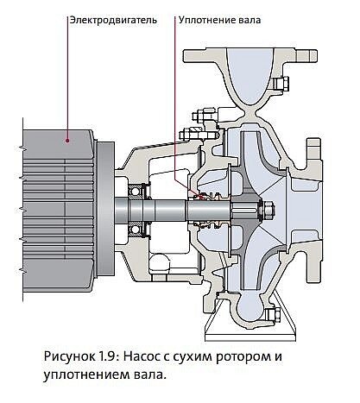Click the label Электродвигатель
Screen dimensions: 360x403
click(x=114, y=21)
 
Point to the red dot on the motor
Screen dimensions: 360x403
click(x=67, y=141)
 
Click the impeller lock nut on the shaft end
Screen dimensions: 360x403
click(x=268, y=209)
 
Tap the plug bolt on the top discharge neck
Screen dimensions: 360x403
click(x=280, y=83)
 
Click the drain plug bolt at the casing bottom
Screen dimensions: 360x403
click(x=273, y=315)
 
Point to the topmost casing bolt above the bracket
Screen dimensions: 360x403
click(x=201, y=116)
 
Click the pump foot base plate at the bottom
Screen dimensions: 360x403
click(x=250, y=336)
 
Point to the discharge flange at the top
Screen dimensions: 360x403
click(x=250, y=55)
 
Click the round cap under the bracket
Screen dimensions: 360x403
click(x=159, y=263)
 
